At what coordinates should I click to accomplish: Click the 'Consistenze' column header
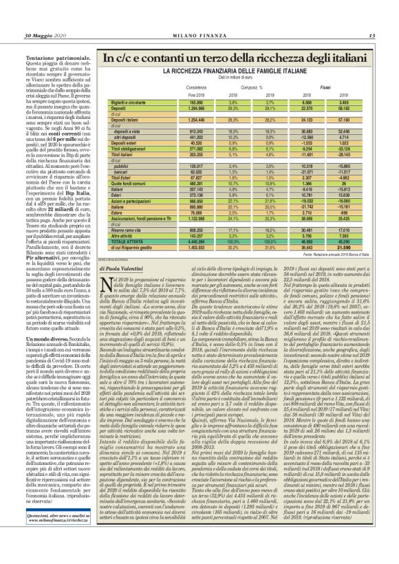(x=195, y=87)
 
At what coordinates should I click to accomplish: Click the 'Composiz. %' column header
(x=255, y=87)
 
